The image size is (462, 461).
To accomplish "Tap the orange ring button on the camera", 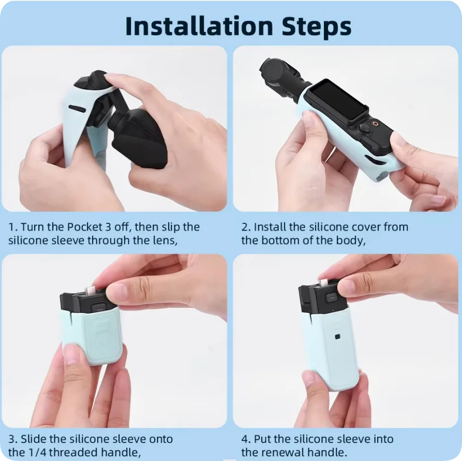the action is pyautogui.click(x=376, y=123).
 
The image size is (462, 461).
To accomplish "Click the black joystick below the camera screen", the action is pyautogui.click(x=364, y=128).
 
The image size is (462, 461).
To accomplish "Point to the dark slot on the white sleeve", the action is pyautogui.click(x=78, y=109).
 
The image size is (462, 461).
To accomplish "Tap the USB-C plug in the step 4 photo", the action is pyautogui.click(x=323, y=283).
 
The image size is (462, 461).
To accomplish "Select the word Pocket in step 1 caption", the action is pyautogui.click(x=84, y=227).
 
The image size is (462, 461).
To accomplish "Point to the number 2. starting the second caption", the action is pyautogui.click(x=246, y=227).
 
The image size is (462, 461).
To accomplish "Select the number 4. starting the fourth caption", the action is pyautogui.click(x=246, y=439).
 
